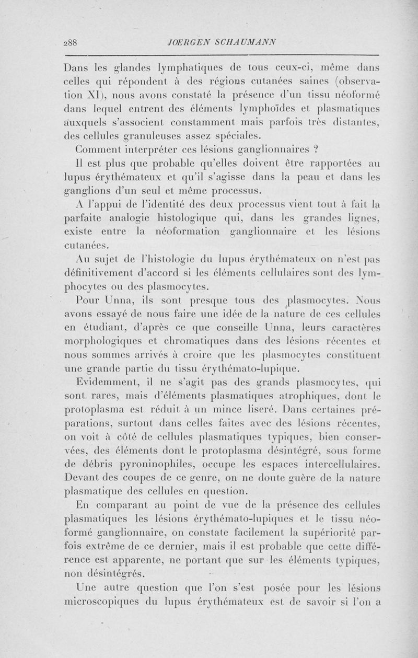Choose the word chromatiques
(190, 340)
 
